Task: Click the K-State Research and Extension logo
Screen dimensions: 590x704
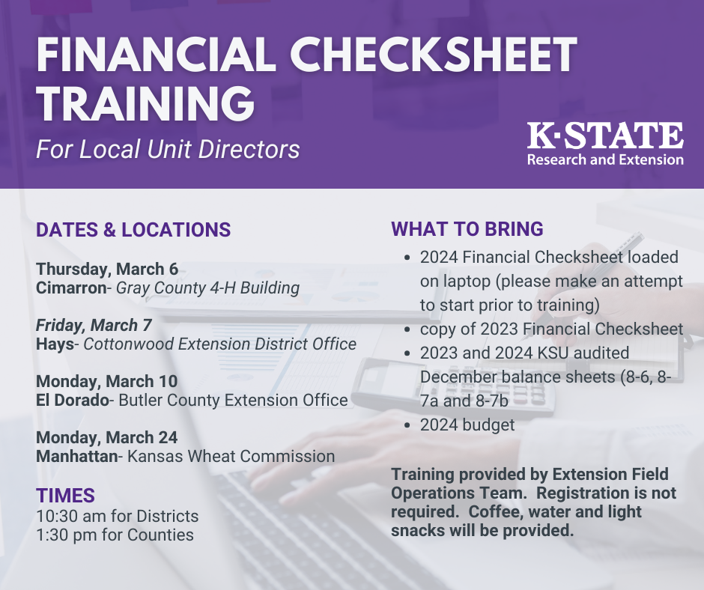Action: click(605, 144)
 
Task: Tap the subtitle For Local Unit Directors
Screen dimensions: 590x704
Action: click(168, 149)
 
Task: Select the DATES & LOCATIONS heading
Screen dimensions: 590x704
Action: click(133, 230)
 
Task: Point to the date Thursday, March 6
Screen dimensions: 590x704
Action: click(107, 269)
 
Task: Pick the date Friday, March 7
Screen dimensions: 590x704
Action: click(94, 325)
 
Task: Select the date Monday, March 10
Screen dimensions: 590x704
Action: click(106, 381)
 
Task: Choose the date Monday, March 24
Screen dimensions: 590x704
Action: click(107, 437)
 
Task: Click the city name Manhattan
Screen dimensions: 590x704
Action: click(76, 456)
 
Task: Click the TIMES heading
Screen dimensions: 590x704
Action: click(66, 495)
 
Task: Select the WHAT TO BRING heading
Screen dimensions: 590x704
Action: click(467, 229)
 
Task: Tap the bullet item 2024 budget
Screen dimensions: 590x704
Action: click(467, 425)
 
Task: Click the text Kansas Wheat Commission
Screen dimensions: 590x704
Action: click(230, 456)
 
